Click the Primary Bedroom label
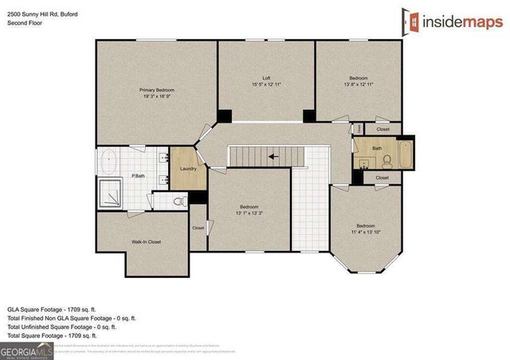tap(157, 90)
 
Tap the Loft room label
tap(266, 78)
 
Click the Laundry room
tap(188, 169)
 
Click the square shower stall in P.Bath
tap(111, 194)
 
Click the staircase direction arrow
tap(273, 157)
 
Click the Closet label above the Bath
tap(382, 129)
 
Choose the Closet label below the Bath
tap(382, 178)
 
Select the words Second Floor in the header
tap(25, 23)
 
